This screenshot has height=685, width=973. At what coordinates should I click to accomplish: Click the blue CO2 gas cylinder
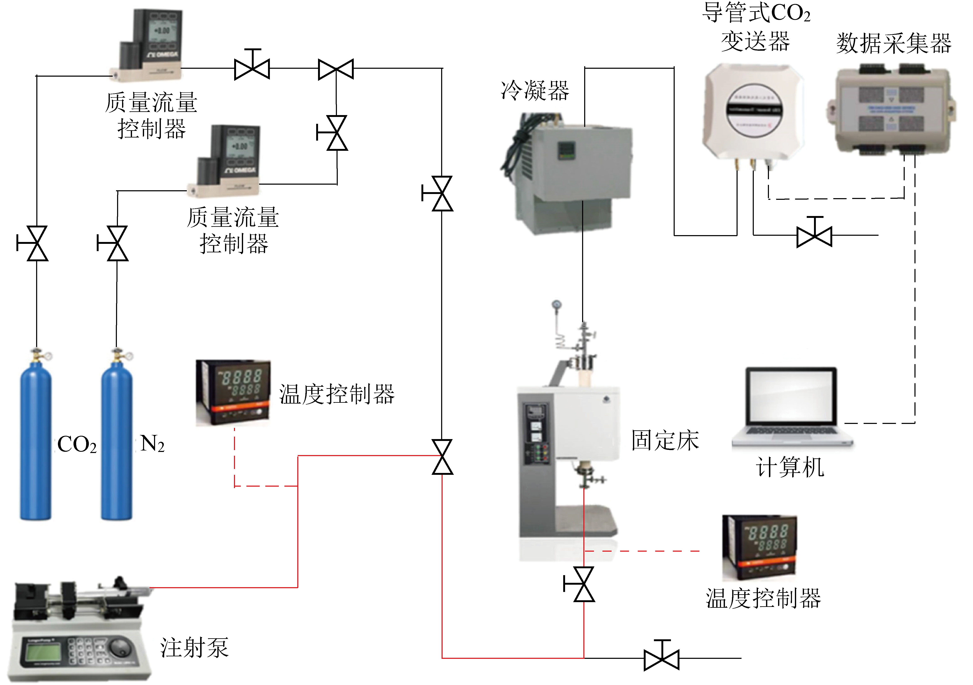point(36,441)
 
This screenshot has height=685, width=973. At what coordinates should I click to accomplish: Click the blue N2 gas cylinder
point(116,441)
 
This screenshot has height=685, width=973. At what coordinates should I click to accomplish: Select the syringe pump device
point(81,627)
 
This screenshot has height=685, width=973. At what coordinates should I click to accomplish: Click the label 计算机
point(790,467)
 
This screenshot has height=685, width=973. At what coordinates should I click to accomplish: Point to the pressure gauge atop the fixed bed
point(556,304)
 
